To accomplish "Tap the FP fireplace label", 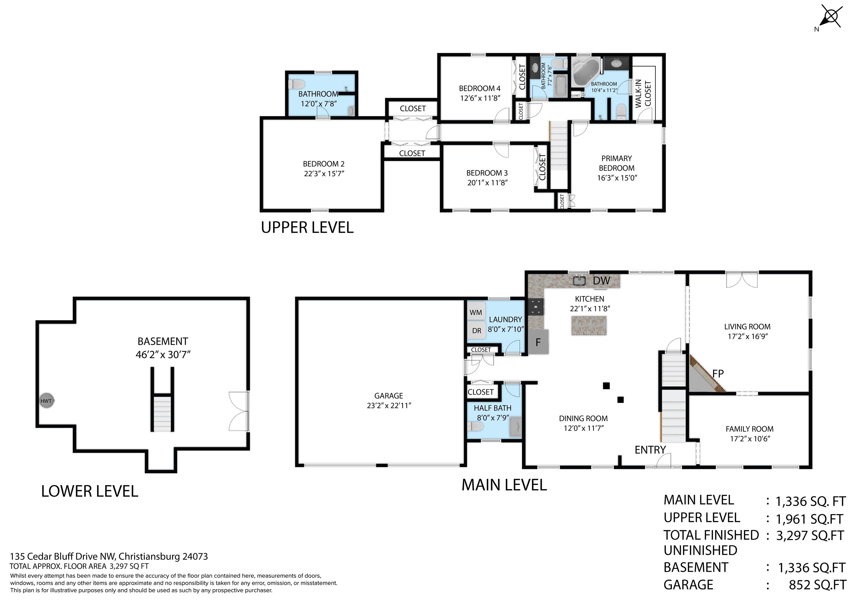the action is coord(718,374).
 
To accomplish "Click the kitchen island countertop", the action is coord(589,325).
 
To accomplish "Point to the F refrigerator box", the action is coord(538,342).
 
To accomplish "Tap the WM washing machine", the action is coord(476,312).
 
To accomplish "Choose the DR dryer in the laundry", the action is coord(476,331).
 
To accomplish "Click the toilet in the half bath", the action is coord(475,427).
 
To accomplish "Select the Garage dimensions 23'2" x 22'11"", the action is coord(389,405).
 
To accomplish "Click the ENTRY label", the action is coord(650,450).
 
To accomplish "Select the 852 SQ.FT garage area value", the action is coord(817,585).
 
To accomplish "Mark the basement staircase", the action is coord(162,413).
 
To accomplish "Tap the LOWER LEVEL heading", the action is coord(90,491).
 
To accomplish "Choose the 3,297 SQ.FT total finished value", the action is coord(810,536).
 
